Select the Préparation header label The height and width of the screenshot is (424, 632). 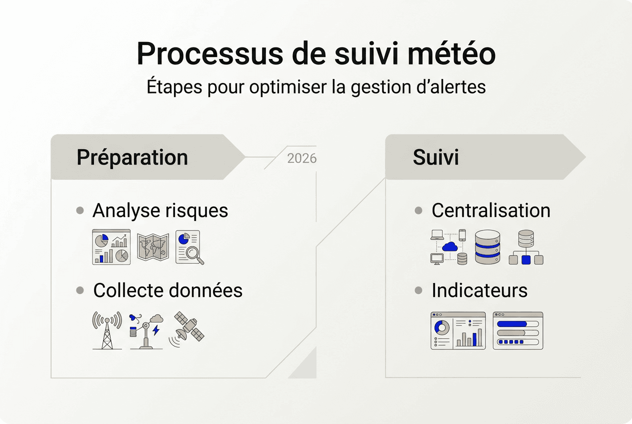click(132, 157)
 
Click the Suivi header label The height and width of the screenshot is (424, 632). click(435, 157)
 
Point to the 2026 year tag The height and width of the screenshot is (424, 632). click(302, 158)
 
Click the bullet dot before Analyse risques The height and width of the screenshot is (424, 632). click(80, 210)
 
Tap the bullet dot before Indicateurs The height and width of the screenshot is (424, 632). click(419, 290)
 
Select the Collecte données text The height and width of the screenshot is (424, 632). click(167, 290)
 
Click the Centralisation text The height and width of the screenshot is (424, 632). click(490, 210)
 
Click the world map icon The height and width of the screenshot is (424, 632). click(153, 247)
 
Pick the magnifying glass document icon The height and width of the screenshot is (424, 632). click(189, 247)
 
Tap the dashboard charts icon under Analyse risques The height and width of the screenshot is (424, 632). click(111, 247)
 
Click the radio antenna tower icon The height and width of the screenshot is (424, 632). click(106, 330)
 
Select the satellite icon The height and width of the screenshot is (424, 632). click(188, 328)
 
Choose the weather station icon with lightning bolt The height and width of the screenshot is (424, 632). click(146, 330)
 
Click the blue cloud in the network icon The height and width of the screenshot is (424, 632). click(450, 246)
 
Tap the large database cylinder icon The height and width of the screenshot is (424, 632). click(487, 247)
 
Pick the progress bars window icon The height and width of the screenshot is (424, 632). click(517, 330)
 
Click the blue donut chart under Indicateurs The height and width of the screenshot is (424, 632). click(442, 328)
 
